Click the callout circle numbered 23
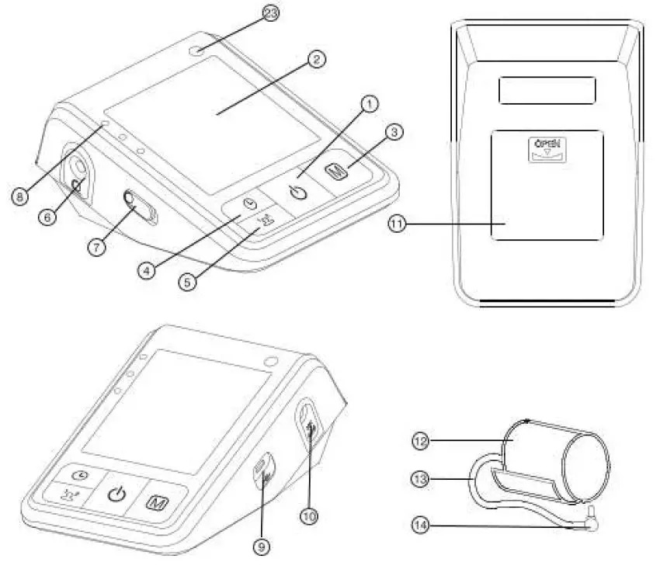[x=270, y=13]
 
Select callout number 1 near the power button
[x=370, y=102]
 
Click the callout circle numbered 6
[x=48, y=217]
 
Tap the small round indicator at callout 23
[x=201, y=50]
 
